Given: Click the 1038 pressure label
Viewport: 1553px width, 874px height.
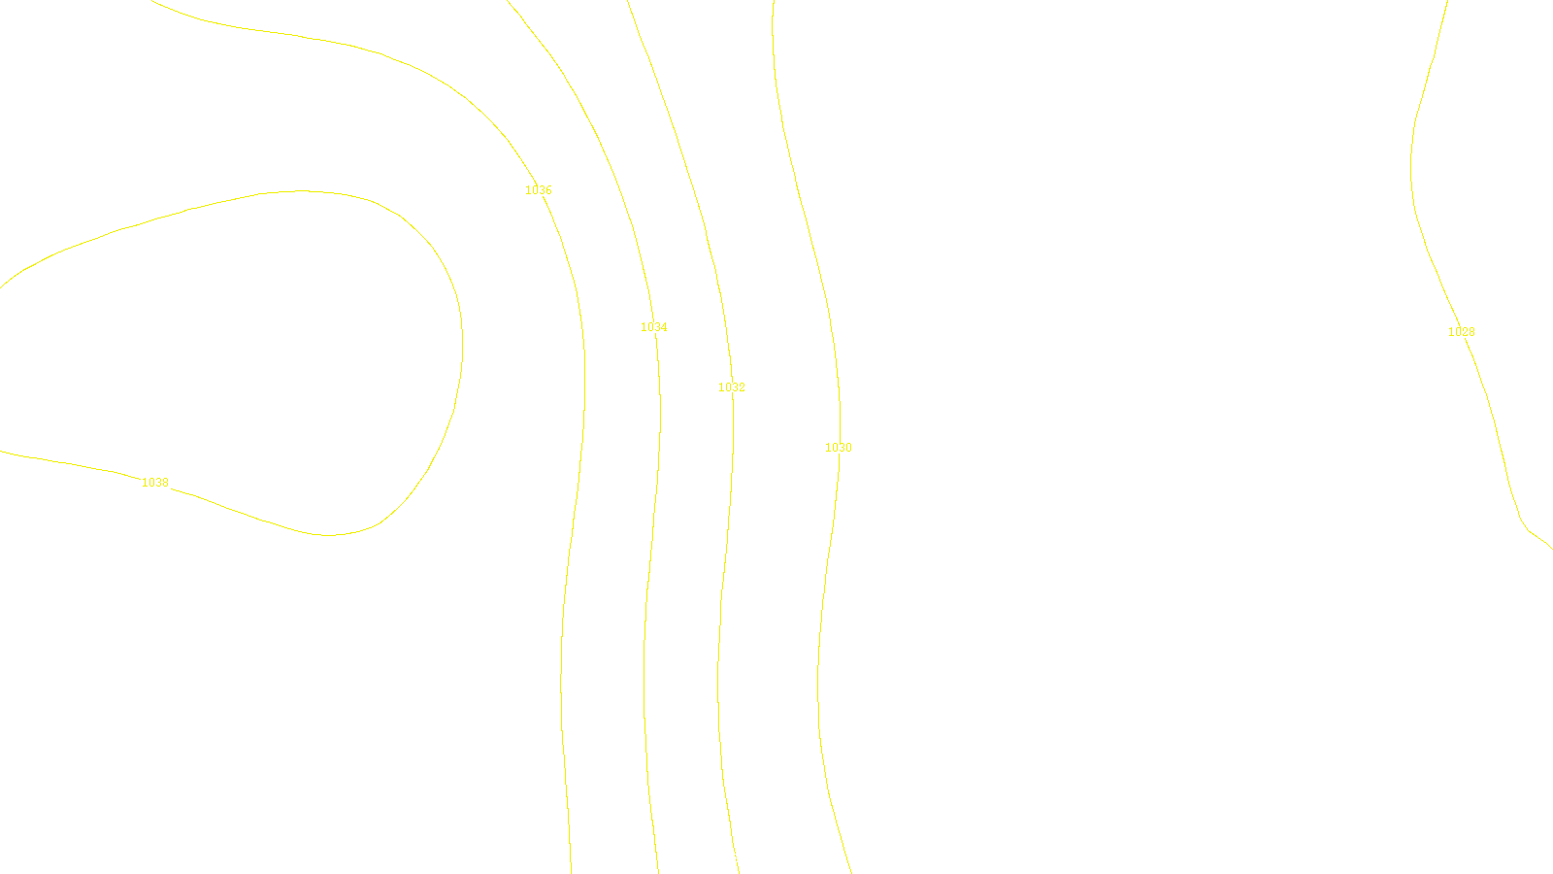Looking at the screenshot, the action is (x=155, y=483).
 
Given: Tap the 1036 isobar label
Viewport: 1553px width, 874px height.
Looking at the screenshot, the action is (x=539, y=190).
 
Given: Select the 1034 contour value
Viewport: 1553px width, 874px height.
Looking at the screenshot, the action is (x=654, y=327).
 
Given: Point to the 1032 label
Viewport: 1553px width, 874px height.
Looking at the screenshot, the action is (x=732, y=387).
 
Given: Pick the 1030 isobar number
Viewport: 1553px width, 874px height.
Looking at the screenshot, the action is (x=839, y=448).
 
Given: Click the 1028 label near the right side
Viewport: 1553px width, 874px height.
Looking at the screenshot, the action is (x=1462, y=332).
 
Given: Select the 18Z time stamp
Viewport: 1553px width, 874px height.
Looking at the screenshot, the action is (x=736, y=858).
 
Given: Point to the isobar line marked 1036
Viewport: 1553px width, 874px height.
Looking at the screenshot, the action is (x=583, y=388).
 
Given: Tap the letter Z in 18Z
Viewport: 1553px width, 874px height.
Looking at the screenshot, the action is (x=743, y=858).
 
